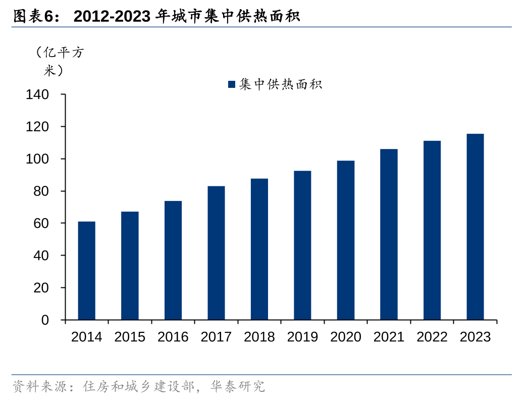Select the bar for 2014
[x=86, y=271]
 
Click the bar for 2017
[x=216, y=253]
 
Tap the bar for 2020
[x=346, y=240]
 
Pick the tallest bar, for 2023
[x=475, y=227]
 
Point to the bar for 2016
[x=173, y=261]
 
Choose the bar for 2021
[x=389, y=234]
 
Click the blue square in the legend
[x=232, y=84]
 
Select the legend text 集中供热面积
[x=281, y=84]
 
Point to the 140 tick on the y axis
[x=38, y=94]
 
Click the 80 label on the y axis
[x=42, y=191]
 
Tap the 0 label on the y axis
[x=45, y=320]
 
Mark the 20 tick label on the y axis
[x=42, y=288]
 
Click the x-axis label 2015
[x=130, y=337]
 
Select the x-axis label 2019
[x=302, y=337]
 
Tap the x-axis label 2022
[x=432, y=337]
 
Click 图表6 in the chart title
[x=33, y=17]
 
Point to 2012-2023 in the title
[x=112, y=17]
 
